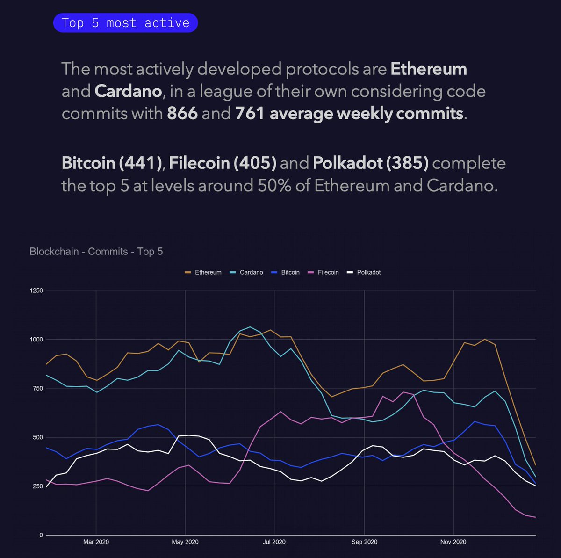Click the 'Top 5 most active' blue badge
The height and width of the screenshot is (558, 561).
click(x=125, y=23)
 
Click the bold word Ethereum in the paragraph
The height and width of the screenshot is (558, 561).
click(x=428, y=69)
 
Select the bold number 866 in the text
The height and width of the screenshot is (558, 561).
click(x=182, y=113)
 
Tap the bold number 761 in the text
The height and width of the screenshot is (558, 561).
click(x=250, y=113)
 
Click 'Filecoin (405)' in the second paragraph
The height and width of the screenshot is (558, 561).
click(x=223, y=163)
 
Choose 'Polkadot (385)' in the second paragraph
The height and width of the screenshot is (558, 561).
click(x=370, y=163)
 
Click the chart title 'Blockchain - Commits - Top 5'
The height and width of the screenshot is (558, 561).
click(x=96, y=251)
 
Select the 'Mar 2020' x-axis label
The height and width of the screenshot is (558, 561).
click(x=96, y=542)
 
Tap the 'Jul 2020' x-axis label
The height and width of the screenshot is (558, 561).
click(x=274, y=542)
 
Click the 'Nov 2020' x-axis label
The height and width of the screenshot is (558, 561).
click(x=453, y=542)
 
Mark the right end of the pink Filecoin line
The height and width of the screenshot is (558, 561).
click(x=535, y=517)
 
